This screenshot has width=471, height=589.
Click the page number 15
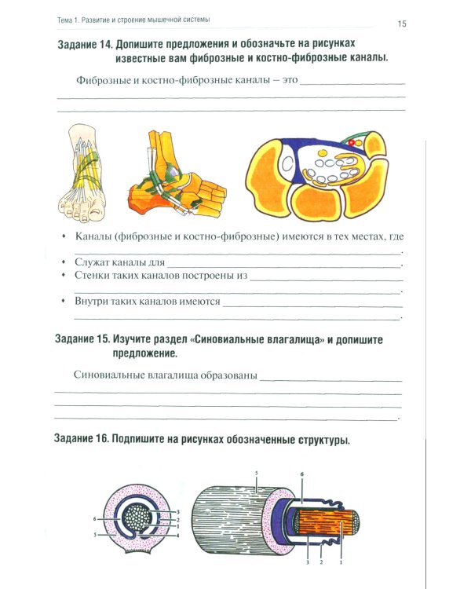pyautogui.click(x=402, y=24)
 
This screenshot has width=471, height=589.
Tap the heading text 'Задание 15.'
pyautogui.click(x=82, y=338)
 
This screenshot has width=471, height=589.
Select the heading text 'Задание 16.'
pyautogui.click(x=82, y=438)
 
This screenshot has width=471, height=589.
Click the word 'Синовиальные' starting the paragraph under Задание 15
pyautogui.click(x=109, y=375)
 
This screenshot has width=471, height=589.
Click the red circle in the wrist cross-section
pyautogui.click(x=351, y=143)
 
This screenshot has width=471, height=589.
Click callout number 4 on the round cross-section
pyautogui.click(x=177, y=536)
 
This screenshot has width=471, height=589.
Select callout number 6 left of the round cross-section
pyautogui.click(x=95, y=519)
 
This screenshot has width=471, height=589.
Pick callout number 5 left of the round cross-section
pyautogui.click(x=96, y=535)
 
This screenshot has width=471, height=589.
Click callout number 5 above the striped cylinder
pyautogui.click(x=257, y=474)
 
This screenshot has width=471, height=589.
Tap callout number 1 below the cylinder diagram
pyautogui.click(x=341, y=562)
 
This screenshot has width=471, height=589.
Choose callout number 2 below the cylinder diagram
pyautogui.click(x=321, y=562)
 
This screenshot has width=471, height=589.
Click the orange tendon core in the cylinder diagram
pyautogui.click(x=326, y=522)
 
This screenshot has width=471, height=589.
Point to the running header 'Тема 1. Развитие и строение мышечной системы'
pyautogui.click(x=133, y=20)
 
